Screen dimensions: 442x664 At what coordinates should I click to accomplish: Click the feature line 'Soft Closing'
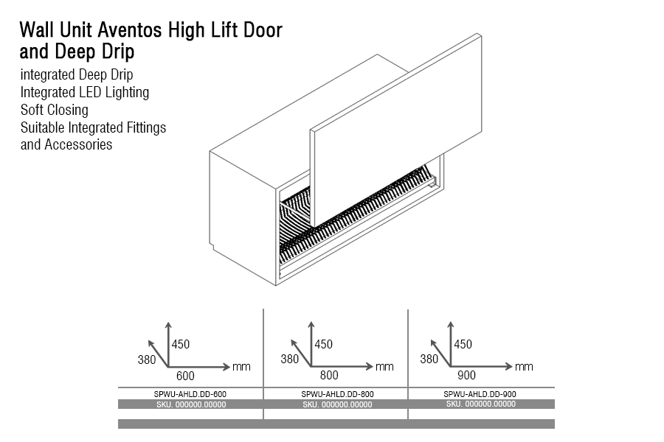point(54,110)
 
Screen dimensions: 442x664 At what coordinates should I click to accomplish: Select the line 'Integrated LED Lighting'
point(85,92)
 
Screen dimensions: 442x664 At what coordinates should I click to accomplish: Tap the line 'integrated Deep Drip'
point(77,74)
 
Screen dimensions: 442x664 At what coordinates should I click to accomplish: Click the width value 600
point(185,376)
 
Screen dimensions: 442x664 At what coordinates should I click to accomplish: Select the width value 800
point(329,376)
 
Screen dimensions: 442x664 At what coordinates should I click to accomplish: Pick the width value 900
point(468,376)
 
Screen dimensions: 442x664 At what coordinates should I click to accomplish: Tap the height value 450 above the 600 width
point(181,344)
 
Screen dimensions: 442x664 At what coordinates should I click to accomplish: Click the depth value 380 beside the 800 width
point(290,359)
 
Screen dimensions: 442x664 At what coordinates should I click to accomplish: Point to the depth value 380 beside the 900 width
point(429,359)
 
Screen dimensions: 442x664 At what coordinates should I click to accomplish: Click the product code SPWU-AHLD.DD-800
point(337,394)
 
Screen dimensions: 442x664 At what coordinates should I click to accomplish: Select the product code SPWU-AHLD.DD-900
point(480,394)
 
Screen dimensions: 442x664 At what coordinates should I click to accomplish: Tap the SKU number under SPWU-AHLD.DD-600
point(191,404)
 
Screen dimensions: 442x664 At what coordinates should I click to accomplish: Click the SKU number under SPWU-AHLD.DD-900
point(480,404)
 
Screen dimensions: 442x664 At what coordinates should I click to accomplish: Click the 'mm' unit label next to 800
point(384,366)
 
